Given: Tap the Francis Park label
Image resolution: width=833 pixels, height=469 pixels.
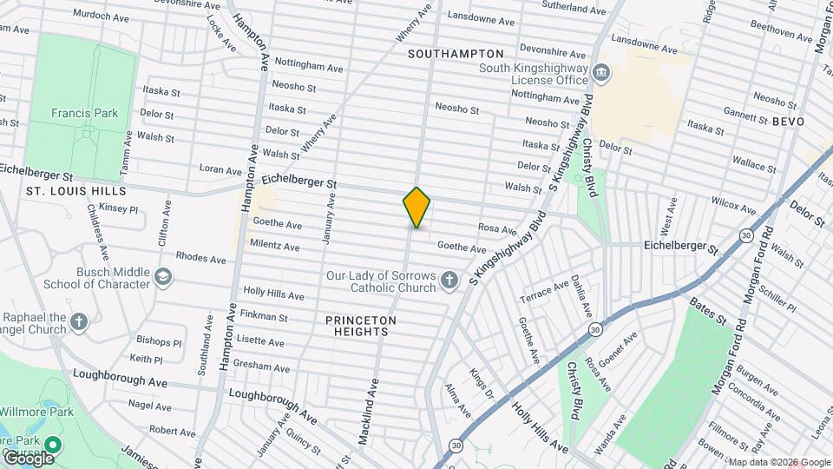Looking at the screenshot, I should coord(84,113).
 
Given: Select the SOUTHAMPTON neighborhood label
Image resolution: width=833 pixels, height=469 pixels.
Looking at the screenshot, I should coord(456,54).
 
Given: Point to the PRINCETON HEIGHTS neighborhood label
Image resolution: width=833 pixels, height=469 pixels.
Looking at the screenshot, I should coord(361,326).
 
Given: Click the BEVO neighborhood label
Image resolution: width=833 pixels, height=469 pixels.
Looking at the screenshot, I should coord(788,122).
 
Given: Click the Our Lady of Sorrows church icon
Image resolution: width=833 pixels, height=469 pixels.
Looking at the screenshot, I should coord(449,280).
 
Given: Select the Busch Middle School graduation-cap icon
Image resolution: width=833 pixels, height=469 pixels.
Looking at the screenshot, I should coord(162,276).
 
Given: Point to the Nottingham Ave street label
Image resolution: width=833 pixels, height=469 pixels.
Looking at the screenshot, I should coord(309,66).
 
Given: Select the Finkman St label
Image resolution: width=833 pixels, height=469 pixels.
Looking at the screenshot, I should coord(265,317).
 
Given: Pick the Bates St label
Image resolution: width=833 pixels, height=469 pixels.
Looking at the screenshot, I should coord(708,311).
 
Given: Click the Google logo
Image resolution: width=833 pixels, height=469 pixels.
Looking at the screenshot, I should coord(29,457).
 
